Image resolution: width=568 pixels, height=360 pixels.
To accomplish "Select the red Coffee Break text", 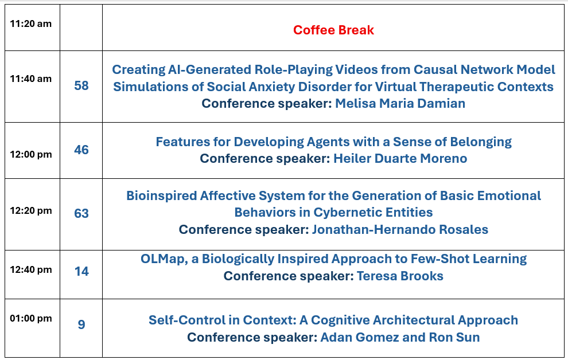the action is tap(333, 30).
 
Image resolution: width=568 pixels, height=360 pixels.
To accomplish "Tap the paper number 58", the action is tap(81, 86).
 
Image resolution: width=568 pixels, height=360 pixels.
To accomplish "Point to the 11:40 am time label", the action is tap(31, 79).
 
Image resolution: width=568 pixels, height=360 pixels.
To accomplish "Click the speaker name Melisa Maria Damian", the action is tap(400, 104).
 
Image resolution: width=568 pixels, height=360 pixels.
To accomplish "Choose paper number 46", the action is tap(81, 150).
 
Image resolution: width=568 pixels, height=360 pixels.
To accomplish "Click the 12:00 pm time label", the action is tap(31, 155).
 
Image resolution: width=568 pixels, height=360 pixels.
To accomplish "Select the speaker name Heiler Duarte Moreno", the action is tap(400, 158).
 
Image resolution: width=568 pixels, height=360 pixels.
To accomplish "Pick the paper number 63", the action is tap(81, 213).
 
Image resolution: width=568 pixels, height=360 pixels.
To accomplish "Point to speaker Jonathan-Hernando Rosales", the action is tap(400, 230).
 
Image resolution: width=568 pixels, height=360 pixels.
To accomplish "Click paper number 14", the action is tap(81, 271).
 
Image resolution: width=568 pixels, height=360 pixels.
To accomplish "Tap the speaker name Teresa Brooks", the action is tap(400, 276).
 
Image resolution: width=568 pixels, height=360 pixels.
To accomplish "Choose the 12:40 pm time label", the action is tap(31, 269).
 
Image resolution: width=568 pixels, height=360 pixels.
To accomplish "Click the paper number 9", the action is tap(81, 324).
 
